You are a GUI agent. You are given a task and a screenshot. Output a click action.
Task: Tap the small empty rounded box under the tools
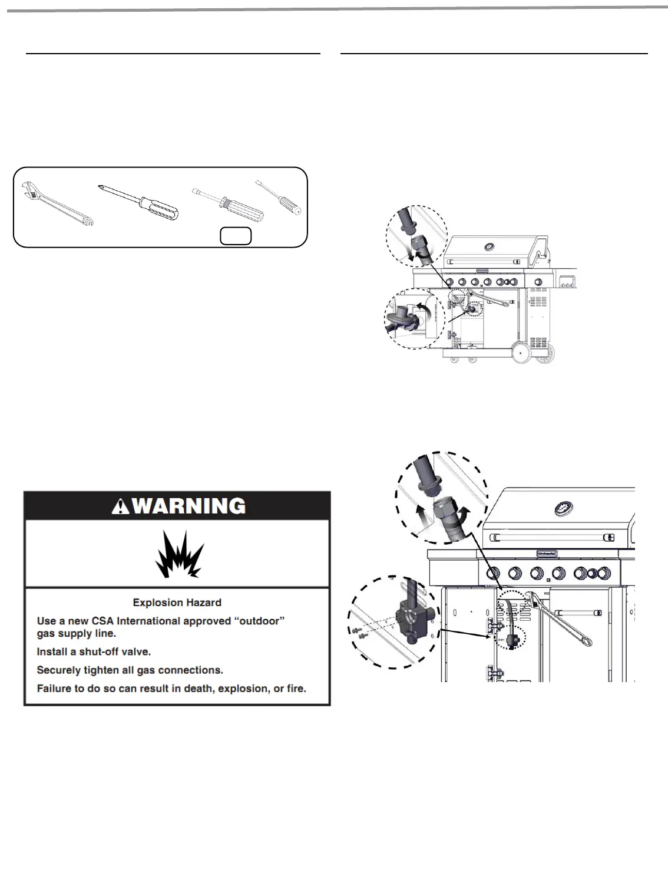pyautogui.click(x=236, y=235)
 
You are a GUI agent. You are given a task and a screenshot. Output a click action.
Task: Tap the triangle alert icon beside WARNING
pyautogui.click(x=121, y=506)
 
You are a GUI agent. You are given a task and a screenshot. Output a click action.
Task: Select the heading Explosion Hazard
pyautogui.click(x=177, y=603)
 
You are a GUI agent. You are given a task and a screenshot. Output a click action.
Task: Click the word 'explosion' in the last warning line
pyautogui.click(x=247, y=689)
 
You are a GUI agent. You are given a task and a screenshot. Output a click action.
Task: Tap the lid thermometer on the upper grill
pyautogui.click(x=489, y=246)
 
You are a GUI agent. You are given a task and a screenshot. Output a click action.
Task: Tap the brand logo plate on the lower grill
pyautogui.click(x=548, y=554)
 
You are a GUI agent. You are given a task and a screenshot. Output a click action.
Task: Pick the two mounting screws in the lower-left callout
pyautogui.click(x=358, y=634)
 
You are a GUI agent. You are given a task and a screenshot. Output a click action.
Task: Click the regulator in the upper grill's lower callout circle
pyautogui.click(x=404, y=317)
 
